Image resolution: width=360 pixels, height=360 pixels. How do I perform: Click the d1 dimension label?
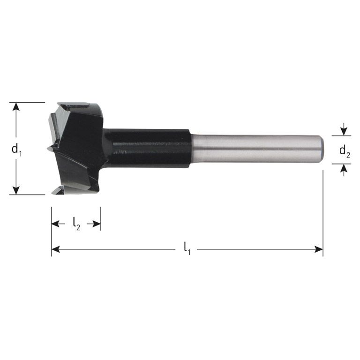pyautogui.click(x=17, y=150)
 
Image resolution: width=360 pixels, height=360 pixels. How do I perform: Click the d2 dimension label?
pyautogui.click(x=345, y=151)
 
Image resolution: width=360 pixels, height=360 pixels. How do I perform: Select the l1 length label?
pyautogui.click(x=187, y=247)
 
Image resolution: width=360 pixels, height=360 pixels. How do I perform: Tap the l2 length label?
pyautogui.click(x=76, y=225)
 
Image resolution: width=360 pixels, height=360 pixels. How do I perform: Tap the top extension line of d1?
pyautogui.click(x=28, y=102)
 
